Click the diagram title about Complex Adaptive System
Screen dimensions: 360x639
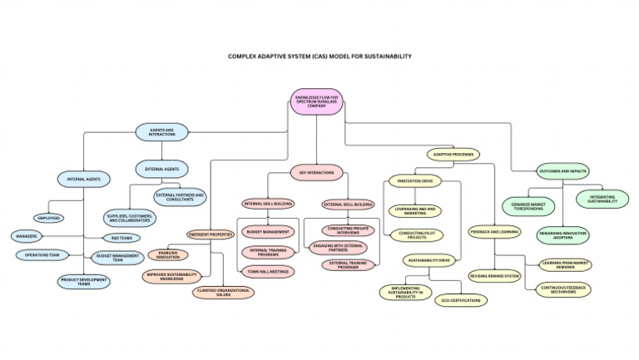(x=319, y=57)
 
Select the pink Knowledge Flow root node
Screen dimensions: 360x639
(x=317, y=101)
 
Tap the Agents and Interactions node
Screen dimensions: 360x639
(x=162, y=131)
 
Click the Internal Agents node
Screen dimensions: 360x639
(x=83, y=177)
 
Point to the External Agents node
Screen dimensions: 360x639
(x=161, y=169)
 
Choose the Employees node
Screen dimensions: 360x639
(x=49, y=218)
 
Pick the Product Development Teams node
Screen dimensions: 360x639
(x=84, y=281)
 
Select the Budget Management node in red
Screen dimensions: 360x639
(x=268, y=232)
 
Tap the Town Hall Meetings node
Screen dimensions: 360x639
(x=268, y=271)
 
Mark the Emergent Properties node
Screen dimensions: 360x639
(x=210, y=234)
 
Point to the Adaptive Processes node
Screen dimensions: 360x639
(x=453, y=154)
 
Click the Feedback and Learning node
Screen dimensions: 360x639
(x=494, y=232)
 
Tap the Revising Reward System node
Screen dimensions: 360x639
(x=494, y=276)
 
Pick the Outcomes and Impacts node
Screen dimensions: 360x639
(x=563, y=171)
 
